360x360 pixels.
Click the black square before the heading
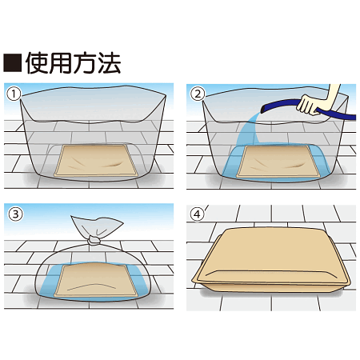(x=14, y=62)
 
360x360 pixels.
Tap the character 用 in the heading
(x=66, y=62)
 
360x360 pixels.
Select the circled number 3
(x=13, y=214)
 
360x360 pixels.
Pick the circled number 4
(x=197, y=214)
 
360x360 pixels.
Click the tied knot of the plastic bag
(x=95, y=237)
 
